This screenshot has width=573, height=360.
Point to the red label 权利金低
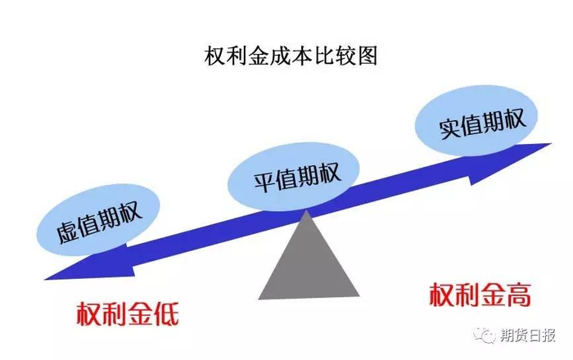click(128, 313)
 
